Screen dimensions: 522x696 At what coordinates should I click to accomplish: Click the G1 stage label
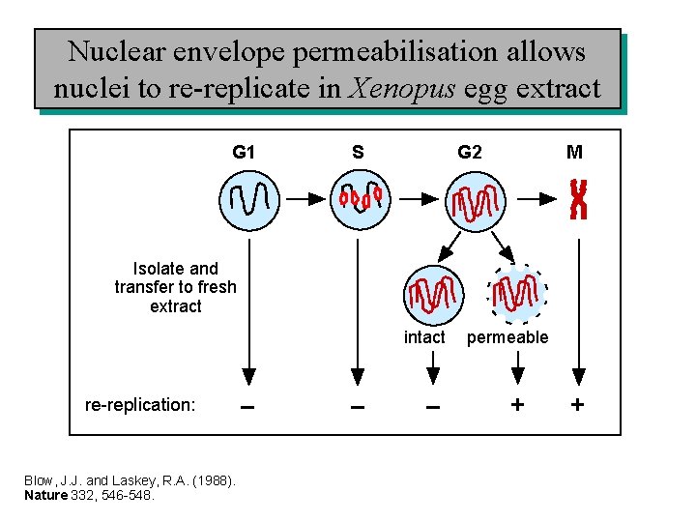[244, 152]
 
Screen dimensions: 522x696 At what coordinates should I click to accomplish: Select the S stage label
[358, 152]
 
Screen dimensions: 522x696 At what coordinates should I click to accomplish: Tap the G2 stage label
[470, 152]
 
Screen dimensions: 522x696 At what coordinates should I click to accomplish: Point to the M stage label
[574, 152]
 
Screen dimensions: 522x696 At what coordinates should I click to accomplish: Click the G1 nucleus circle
[248, 201]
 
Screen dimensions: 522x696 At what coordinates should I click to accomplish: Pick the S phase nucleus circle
[360, 199]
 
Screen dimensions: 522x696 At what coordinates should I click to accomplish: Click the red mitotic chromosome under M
[578, 199]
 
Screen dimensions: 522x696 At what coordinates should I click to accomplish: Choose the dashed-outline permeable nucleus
[517, 293]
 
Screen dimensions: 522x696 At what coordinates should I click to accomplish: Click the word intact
[424, 337]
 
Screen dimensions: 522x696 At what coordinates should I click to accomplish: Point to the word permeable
[507, 337]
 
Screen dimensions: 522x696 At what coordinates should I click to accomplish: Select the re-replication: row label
[140, 405]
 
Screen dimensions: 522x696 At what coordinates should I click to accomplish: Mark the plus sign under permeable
[518, 405]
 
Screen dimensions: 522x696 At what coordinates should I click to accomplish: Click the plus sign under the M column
[577, 405]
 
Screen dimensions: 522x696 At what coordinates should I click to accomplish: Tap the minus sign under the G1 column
[248, 406]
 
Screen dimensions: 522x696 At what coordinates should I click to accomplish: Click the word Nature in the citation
[44, 496]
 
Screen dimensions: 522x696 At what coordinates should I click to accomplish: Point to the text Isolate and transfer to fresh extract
[175, 287]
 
